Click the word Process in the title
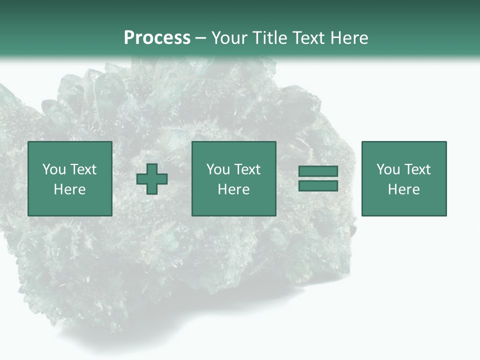(x=157, y=38)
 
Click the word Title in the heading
(x=270, y=38)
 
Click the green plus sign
(x=152, y=179)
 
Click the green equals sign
(x=318, y=178)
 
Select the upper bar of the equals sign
(x=318, y=171)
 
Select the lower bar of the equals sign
(x=318, y=186)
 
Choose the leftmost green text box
(x=70, y=179)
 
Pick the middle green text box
(x=234, y=179)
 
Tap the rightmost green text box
(x=404, y=179)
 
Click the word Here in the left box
(x=70, y=189)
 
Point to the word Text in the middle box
(x=247, y=169)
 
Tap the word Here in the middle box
(x=234, y=189)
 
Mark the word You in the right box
(x=388, y=169)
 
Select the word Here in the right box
(x=404, y=189)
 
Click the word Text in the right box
(x=417, y=169)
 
